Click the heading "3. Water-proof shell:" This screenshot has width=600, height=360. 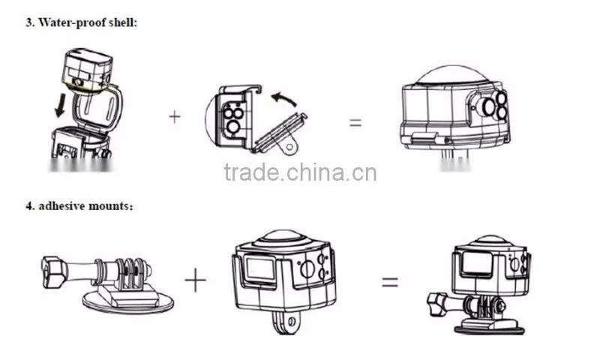tap(81, 22)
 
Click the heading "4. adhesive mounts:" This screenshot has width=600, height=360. tap(79, 205)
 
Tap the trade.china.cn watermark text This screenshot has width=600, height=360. tap(301, 172)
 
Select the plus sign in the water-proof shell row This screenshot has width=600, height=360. tap(175, 117)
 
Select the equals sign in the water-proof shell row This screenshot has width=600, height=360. tap(355, 122)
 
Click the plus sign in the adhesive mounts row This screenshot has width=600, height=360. tap(195, 280)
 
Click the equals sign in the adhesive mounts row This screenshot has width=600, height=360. tap(390, 282)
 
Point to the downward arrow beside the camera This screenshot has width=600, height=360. tap(60, 106)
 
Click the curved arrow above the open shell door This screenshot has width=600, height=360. tap(284, 98)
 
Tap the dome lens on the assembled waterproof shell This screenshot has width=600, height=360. tap(452, 75)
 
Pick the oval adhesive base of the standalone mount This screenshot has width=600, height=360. tap(128, 302)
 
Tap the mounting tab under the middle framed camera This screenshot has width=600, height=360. tap(286, 322)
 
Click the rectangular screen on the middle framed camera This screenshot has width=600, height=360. tap(260, 268)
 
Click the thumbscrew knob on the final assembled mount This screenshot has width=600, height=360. tap(439, 304)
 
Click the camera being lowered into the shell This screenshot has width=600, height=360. tap(87, 70)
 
